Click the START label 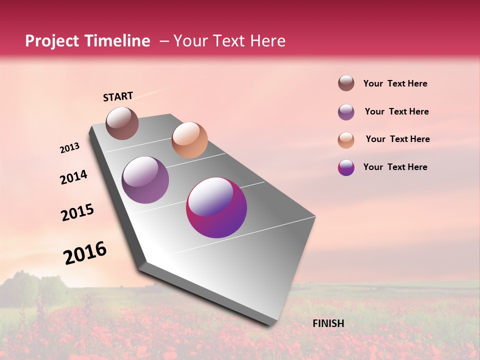tap(118, 96)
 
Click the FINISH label tap(328, 323)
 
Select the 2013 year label tap(69, 148)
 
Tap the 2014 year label tap(73, 177)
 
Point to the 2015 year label tap(77, 212)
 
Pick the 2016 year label tap(85, 253)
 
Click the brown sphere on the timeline tap(122, 123)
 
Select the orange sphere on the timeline tap(189, 140)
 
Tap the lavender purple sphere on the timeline tap(145, 180)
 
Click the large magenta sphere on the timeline tap(216, 207)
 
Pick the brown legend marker tap(346, 83)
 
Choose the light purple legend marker tap(346, 112)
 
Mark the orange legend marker tap(346, 140)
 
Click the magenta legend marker tap(346, 167)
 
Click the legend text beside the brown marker tap(395, 83)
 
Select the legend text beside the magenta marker tap(395, 167)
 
